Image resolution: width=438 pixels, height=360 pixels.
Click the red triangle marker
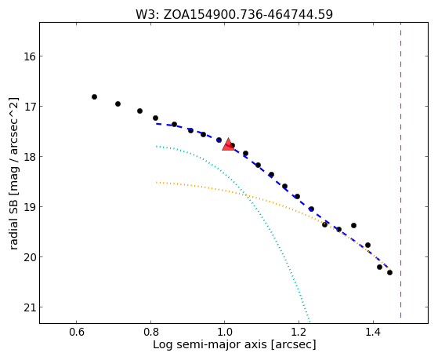coord(228,144)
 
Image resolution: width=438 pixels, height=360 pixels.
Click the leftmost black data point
coord(94,96)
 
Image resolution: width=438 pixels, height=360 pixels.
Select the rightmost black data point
coord(389,272)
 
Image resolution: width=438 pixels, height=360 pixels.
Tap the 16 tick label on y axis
coord(29,56)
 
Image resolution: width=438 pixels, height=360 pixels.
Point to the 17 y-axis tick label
coord(29,107)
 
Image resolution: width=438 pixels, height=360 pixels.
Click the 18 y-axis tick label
coord(29,157)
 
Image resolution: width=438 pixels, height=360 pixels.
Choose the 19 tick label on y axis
coord(29,207)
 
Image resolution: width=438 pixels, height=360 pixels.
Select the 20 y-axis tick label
coord(29,257)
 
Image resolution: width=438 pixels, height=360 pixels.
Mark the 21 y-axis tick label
coord(29,307)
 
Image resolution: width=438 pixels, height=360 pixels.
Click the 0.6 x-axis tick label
coord(76,332)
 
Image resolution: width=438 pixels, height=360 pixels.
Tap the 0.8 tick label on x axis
coord(150,332)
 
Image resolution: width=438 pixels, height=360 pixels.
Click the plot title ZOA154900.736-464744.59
coord(248,14)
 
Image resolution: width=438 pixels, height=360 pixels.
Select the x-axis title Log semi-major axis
coord(210,344)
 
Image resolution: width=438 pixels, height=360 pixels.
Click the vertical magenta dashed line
coord(401,170)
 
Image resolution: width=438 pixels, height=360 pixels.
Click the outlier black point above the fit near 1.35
coord(353,225)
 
